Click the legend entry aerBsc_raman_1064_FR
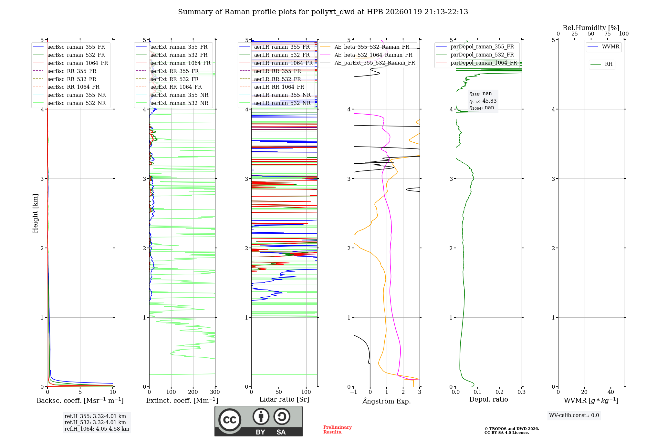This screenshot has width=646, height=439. (x=78, y=63)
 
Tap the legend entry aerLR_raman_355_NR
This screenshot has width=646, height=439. (x=282, y=95)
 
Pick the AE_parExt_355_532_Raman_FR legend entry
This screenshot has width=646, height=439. (x=374, y=63)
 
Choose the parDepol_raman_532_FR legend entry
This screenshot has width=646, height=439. (x=482, y=55)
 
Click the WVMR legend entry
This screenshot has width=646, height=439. (x=610, y=47)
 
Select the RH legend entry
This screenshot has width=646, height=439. (x=609, y=64)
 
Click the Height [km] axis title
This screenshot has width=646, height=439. (x=35, y=213)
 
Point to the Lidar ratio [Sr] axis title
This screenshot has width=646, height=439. (x=284, y=399)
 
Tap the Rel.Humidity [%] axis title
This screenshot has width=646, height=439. (x=591, y=28)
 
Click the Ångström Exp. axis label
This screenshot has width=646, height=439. (x=386, y=401)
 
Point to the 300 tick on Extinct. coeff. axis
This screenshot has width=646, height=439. (x=215, y=392)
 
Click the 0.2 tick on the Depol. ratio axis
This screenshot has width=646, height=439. (x=499, y=392)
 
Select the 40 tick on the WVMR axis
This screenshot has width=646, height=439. (x=610, y=392)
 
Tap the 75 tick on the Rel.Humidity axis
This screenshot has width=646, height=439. (x=607, y=34)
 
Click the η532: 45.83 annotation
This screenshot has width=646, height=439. (x=483, y=101)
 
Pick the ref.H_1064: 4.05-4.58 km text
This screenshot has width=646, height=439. (x=97, y=429)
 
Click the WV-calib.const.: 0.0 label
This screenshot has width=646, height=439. (x=574, y=415)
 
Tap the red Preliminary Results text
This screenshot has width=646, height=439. (x=337, y=430)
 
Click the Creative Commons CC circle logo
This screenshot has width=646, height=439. (x=230, y=420)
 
